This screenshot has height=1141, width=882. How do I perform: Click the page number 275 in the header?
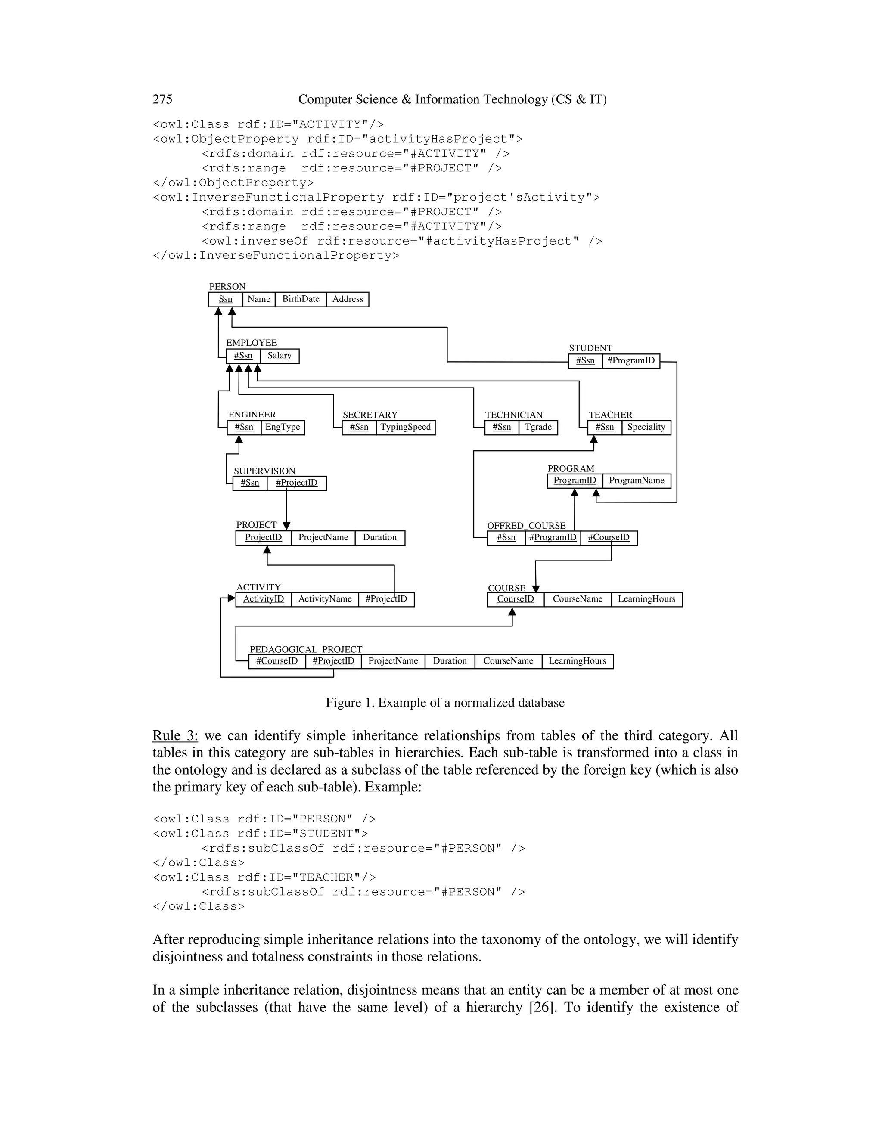162,99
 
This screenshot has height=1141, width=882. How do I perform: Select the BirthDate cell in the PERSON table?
301,299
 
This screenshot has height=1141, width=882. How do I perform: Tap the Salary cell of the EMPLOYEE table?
280,356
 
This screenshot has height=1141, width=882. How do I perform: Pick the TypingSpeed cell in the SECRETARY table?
405,428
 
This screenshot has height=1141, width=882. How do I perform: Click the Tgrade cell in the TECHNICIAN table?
538,428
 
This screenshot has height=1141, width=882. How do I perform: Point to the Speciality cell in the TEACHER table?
646,428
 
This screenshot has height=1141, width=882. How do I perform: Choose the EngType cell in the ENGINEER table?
283,428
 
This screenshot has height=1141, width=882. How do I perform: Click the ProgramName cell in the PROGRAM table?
637,481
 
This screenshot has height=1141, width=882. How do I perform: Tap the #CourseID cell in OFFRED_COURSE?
609,538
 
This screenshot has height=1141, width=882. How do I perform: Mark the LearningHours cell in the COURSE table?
646,599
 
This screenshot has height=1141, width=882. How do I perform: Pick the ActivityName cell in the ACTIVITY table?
325,599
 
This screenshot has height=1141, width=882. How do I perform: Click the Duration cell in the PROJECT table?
380,538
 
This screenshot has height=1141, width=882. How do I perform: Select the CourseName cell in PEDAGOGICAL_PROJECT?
508,661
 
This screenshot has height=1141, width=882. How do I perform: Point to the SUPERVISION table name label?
264,471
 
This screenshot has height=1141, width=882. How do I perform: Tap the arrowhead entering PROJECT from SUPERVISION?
286,526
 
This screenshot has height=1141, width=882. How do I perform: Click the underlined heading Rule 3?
175,736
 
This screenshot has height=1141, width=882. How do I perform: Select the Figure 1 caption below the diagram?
445,703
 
